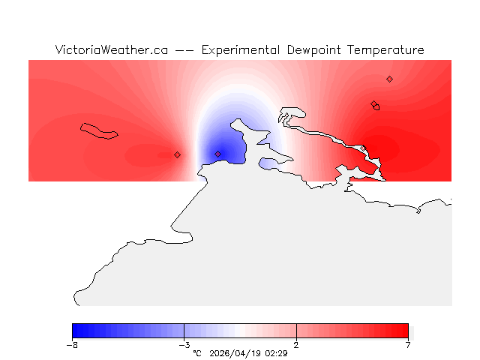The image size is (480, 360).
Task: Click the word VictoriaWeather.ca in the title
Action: point(111,50)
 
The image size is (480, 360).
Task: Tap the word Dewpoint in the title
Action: point(312,50)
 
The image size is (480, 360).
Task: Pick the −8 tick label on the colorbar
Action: point(72,345)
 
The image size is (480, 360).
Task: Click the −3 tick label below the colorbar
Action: point(184,345)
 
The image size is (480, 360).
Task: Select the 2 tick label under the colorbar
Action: point(296,345)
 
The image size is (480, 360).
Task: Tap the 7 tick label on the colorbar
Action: point(408,345)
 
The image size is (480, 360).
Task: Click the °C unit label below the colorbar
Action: point(197,352)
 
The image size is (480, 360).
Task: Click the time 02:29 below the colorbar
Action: point(276,352)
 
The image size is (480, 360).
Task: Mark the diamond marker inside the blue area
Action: point(218,154)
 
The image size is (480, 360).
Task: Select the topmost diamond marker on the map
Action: point(389,79)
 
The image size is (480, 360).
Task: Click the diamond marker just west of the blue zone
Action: point(177,154)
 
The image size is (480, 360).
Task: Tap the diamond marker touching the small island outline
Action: point(373,104)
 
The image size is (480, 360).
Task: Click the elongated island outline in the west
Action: point(100,130)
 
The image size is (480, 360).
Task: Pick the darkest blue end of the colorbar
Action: point(76,331)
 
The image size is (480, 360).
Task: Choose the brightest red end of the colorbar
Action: point(405,331)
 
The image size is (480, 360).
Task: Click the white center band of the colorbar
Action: point(240,331)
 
